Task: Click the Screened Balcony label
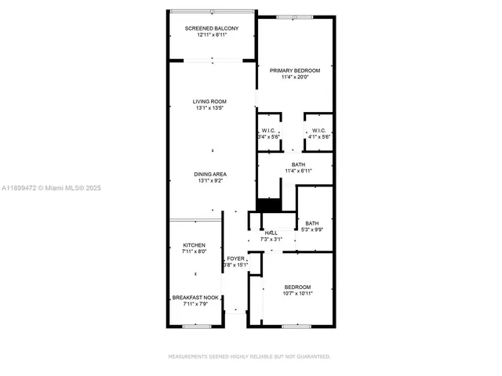pos(211,28)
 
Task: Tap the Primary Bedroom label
pos(295,70)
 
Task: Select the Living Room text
pos(210,101)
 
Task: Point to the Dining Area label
pos(210,174)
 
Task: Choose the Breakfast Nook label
pos(195,297)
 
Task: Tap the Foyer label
pos(235,258)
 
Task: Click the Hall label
pos(271,233)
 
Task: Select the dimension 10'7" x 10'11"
pos(297,293)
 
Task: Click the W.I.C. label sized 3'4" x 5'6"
pos(268,130)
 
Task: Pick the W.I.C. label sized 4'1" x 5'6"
pos(319,130)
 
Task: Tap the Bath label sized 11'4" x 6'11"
pos(298,164)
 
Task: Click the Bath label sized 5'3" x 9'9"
pos(312,222)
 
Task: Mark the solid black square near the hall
pos(269,205)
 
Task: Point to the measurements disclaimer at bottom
pos(250,356)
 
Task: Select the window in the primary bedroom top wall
pos(295,16)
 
